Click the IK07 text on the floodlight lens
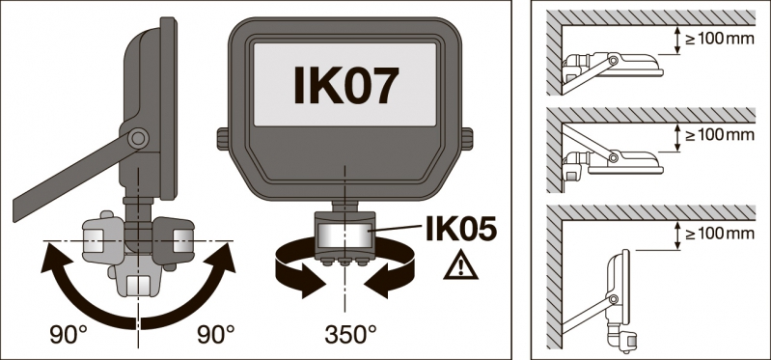pyautogui.click(x=344, y=86)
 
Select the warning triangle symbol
pyautogui.click(x=460, y=264)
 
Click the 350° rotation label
pyautogui.click(x=350, y=336)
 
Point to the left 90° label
pyautogui.click(x=69, y=336)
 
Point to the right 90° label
pyautogui.click(x=215, y=336)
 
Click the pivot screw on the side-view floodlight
pyautogui.click(x=138, y=139)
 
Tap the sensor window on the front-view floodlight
pyautogui.click(x=345, y=235)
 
